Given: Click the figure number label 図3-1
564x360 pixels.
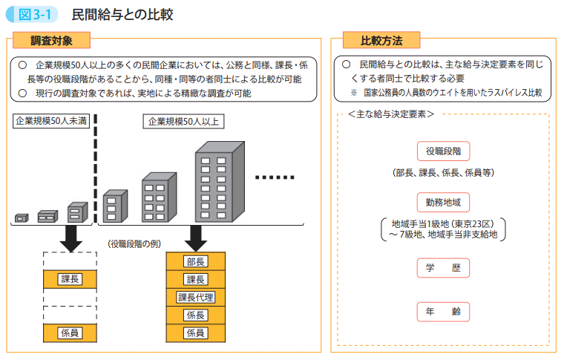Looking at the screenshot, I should [x=33, y=14].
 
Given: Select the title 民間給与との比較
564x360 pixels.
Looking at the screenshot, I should [x=122, y=14].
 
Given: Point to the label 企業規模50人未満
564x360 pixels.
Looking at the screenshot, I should [x=51, y=122].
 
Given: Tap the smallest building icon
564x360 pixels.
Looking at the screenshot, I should [x=21, y=218].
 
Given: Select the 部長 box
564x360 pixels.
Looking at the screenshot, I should [x=196, y=262].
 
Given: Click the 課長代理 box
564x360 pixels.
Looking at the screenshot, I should [x=196, y=298].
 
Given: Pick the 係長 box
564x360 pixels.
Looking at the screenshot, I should [x=196, y=315].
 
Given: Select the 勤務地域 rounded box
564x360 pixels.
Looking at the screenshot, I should [x=443, y=201].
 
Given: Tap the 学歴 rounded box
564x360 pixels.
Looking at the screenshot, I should [x=443, y=267].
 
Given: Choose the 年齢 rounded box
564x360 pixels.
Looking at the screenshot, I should [x=443, y=311].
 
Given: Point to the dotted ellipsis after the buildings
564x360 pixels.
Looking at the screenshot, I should [x=275, y=178].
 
